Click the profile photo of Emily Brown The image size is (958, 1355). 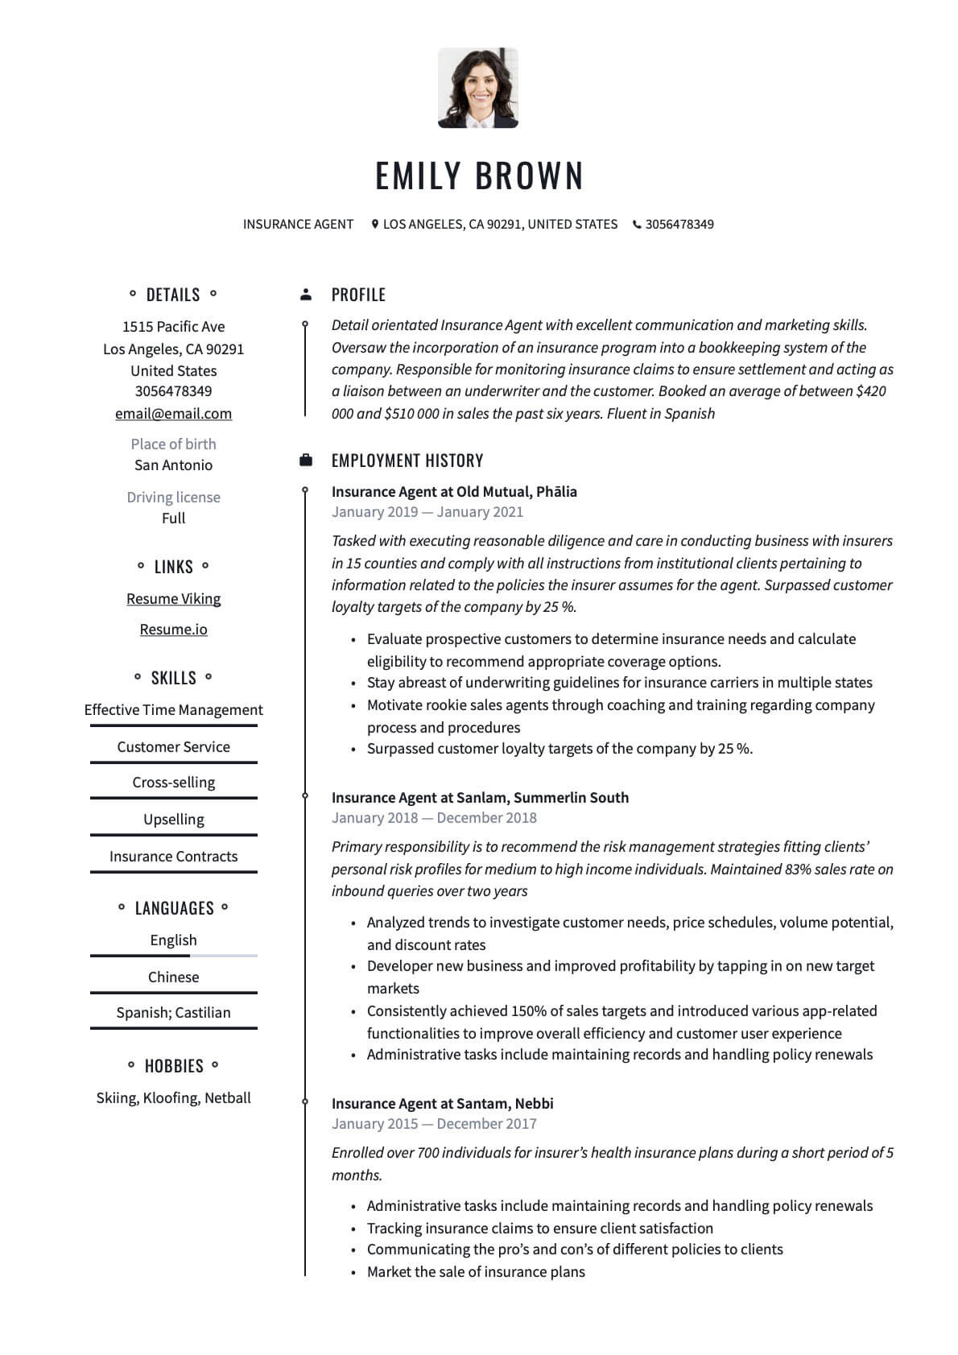[x=477, y=88]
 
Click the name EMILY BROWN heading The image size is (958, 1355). [x=479, y=176]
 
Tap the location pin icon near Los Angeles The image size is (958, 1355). [x=374, y=224]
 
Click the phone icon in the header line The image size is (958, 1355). [x=637, y=225]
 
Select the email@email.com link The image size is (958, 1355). [x=173, y=413]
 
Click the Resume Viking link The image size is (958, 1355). [x=173, y=598]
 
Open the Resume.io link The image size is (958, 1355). [x=173, y=629]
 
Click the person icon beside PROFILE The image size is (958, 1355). [x=305, y=295]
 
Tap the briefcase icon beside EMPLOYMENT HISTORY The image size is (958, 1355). [x=305, y=461]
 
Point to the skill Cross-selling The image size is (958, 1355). [x=173, y=782]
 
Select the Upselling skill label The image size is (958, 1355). [x=173, y=819]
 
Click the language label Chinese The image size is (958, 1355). [x=173, y=977]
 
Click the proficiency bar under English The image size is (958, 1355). [x=173, y=956]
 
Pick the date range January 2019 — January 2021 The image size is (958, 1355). [x=427, y=511]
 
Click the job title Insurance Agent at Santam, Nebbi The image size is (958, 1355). [x=442, y=1103]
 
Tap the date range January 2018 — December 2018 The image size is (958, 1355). [x=433, y=817]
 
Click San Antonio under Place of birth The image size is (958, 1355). [x=173, y=465]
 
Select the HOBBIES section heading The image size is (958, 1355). [x=173, y=1066]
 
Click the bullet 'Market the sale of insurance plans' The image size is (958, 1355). [x=475, y=1271]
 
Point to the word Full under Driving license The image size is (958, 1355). [x=173, y=518]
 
